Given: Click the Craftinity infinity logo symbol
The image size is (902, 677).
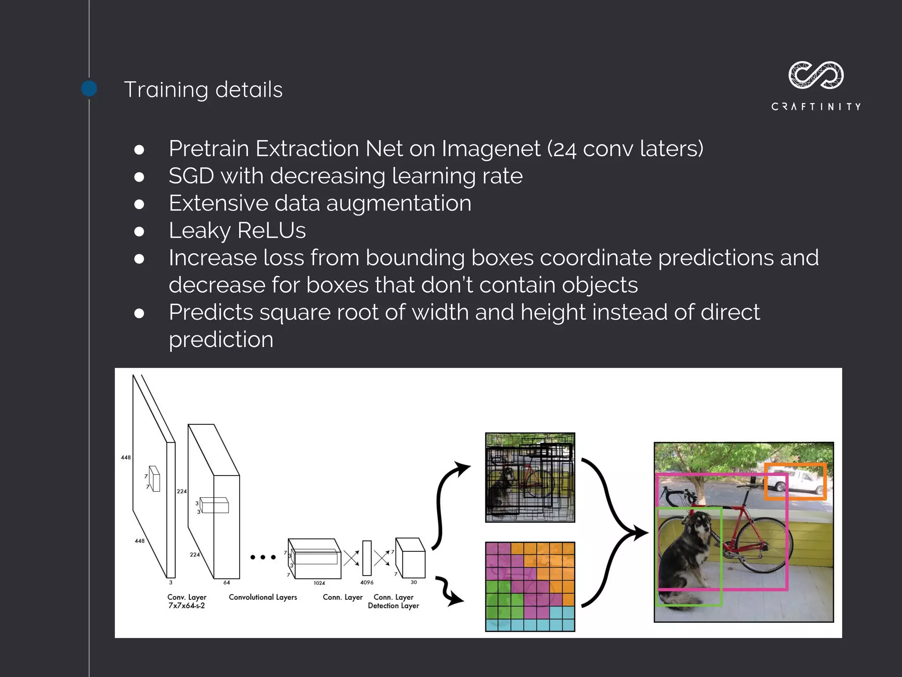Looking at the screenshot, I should (816, 75).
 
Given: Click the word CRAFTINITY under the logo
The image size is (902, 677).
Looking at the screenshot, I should (816, 107).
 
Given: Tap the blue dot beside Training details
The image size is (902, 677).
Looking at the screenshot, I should (89, 89).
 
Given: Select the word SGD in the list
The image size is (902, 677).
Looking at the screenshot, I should (191, 176).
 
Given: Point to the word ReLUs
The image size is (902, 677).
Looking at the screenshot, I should (271, 231).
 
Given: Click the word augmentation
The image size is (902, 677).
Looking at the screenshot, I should (399, 204).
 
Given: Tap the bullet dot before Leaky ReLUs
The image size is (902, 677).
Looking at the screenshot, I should (139, 231).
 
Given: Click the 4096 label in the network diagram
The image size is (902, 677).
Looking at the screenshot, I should (366, 582).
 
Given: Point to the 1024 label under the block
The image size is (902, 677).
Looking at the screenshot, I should (319, 583).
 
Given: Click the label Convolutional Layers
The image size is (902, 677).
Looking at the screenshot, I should (263, 597).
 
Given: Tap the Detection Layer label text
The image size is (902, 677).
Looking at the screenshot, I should (393, 606).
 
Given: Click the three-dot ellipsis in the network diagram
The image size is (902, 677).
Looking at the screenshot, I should (263, 557).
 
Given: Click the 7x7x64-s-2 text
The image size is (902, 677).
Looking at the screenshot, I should (187, 606).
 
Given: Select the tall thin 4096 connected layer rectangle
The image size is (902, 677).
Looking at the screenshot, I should (367, 558).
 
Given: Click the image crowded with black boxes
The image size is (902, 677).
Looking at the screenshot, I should (530, 478).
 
